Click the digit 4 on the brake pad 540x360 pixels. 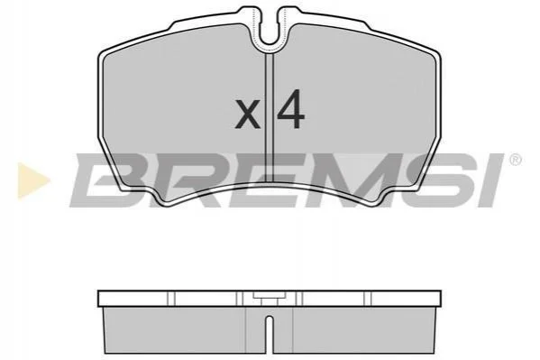(x=291, y=109)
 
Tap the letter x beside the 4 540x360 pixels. (x=247, y=114)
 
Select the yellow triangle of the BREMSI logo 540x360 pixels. (x=32, y=180)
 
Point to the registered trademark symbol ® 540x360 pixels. (x=515, y=160)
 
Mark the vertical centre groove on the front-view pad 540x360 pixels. (x=270, y=117)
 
